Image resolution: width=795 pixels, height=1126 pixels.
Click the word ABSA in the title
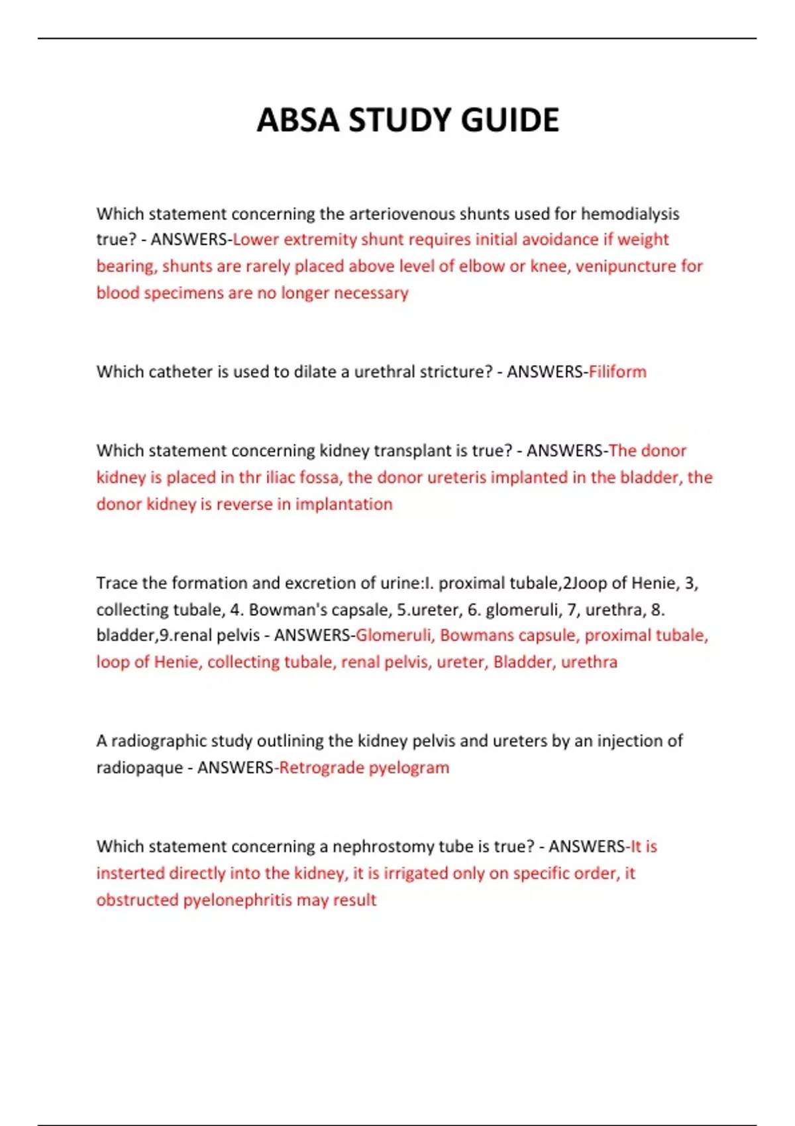[x=297, y=121]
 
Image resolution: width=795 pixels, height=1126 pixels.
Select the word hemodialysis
[x=630, y=214]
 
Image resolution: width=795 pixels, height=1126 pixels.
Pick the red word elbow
[x=482, y=266]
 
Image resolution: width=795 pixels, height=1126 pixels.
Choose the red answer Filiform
[x=617, y=372]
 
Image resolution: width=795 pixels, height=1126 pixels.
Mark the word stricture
[x=456, y=372]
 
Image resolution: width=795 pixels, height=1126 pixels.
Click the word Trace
[x=117, y=583]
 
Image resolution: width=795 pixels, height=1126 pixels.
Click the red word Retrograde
[x=321, y=768]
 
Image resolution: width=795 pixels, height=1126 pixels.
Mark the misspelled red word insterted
[x=130, y=874]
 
